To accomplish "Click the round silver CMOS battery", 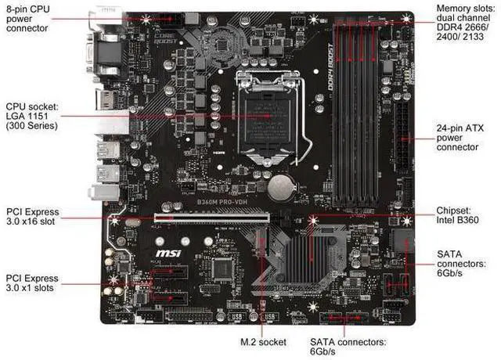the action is [280, 185].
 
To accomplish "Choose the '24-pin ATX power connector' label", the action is [461, 136].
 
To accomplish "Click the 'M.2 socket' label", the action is [263, 342].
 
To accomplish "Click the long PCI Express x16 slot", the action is [211, 221].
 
